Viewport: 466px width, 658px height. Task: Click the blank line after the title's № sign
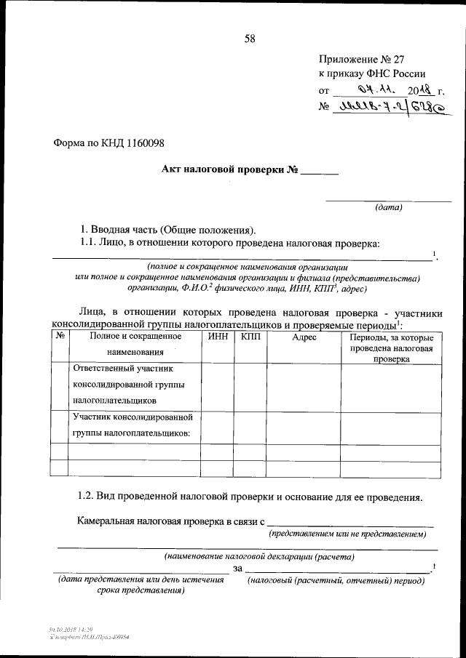click(x=320, y=173)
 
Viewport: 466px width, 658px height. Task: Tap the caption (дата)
click(x=388, y=207)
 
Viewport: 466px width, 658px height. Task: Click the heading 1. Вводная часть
click(x=168, y=229)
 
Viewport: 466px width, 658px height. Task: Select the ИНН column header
click(x=217, y=338)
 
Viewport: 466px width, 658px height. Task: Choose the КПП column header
click(x=250, y=338)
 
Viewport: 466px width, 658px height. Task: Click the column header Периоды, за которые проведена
click(x=392, y=348)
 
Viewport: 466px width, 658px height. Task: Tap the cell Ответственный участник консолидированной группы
click(x=128, y=385)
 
